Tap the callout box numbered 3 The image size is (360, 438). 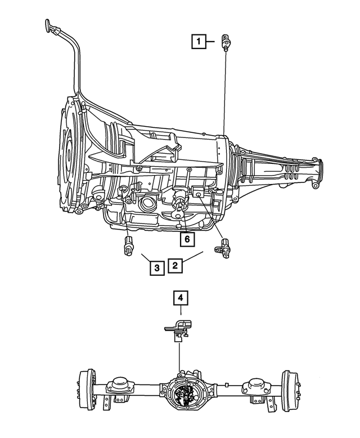[157, 267]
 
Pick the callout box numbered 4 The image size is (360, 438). [181, 298]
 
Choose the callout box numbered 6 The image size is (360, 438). [187, 239]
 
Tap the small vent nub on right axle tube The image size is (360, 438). [225, 385]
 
